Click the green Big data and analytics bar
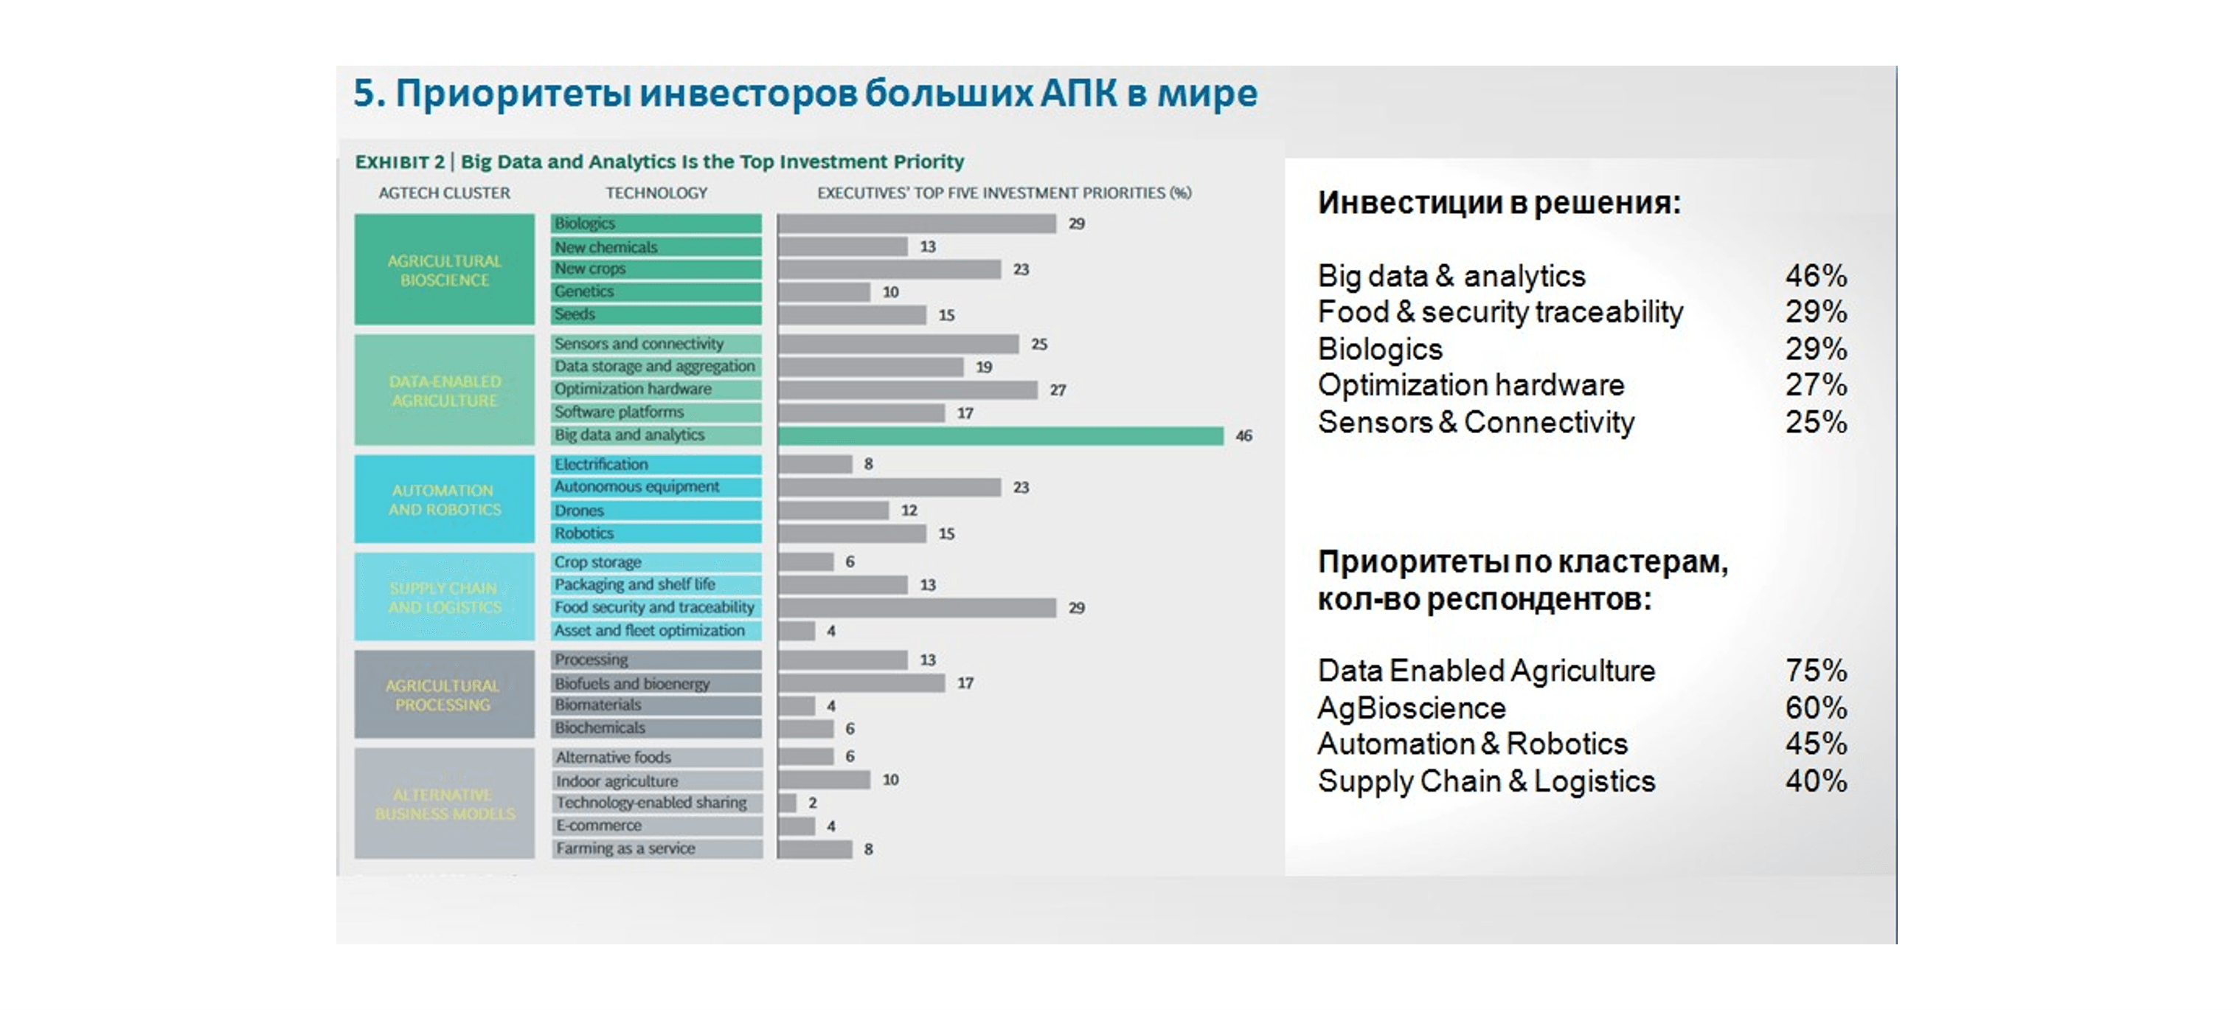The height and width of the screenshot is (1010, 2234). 1000,435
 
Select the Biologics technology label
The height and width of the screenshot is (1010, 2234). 585,224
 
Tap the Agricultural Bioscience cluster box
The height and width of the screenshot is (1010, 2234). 444,270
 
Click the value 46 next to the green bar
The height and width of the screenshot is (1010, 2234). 1243,435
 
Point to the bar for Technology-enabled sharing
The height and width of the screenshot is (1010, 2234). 786,803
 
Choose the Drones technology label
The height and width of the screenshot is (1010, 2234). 579,511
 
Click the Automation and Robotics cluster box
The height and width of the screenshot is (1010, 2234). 444,499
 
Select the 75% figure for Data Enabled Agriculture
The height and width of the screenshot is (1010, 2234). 1815,671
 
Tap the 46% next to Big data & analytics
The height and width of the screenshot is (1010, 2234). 1815,276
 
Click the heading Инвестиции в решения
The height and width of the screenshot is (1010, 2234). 1499,203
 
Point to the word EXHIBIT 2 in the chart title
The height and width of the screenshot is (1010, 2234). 400,162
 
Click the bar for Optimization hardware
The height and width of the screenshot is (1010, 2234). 907,390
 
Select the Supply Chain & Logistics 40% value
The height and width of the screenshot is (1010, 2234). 1815,781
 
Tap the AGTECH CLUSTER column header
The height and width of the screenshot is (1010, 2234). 444,193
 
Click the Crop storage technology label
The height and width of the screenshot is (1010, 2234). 597,562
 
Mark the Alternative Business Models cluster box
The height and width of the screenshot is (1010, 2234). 444,803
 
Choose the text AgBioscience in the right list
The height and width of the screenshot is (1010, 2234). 1411,708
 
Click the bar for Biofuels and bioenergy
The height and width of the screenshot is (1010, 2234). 861,684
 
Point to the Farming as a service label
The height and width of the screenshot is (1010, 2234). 625,848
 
